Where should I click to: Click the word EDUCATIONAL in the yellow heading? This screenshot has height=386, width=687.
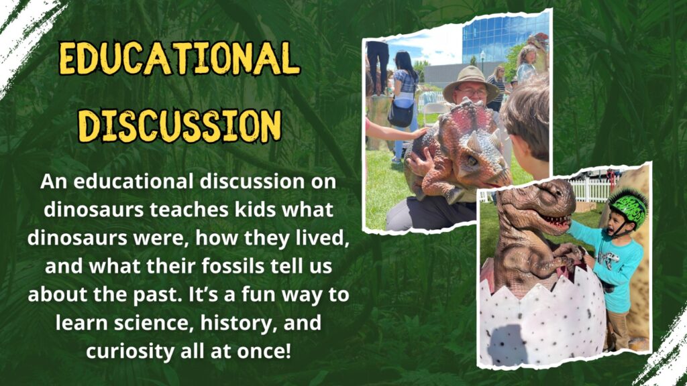(179, 58)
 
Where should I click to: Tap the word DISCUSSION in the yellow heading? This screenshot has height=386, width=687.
(179, 125)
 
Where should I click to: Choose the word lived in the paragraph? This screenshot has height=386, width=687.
(324, 239)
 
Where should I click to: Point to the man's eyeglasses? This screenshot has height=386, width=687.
(473, 92)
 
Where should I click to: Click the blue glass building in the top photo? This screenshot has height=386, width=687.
(504, 38)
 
